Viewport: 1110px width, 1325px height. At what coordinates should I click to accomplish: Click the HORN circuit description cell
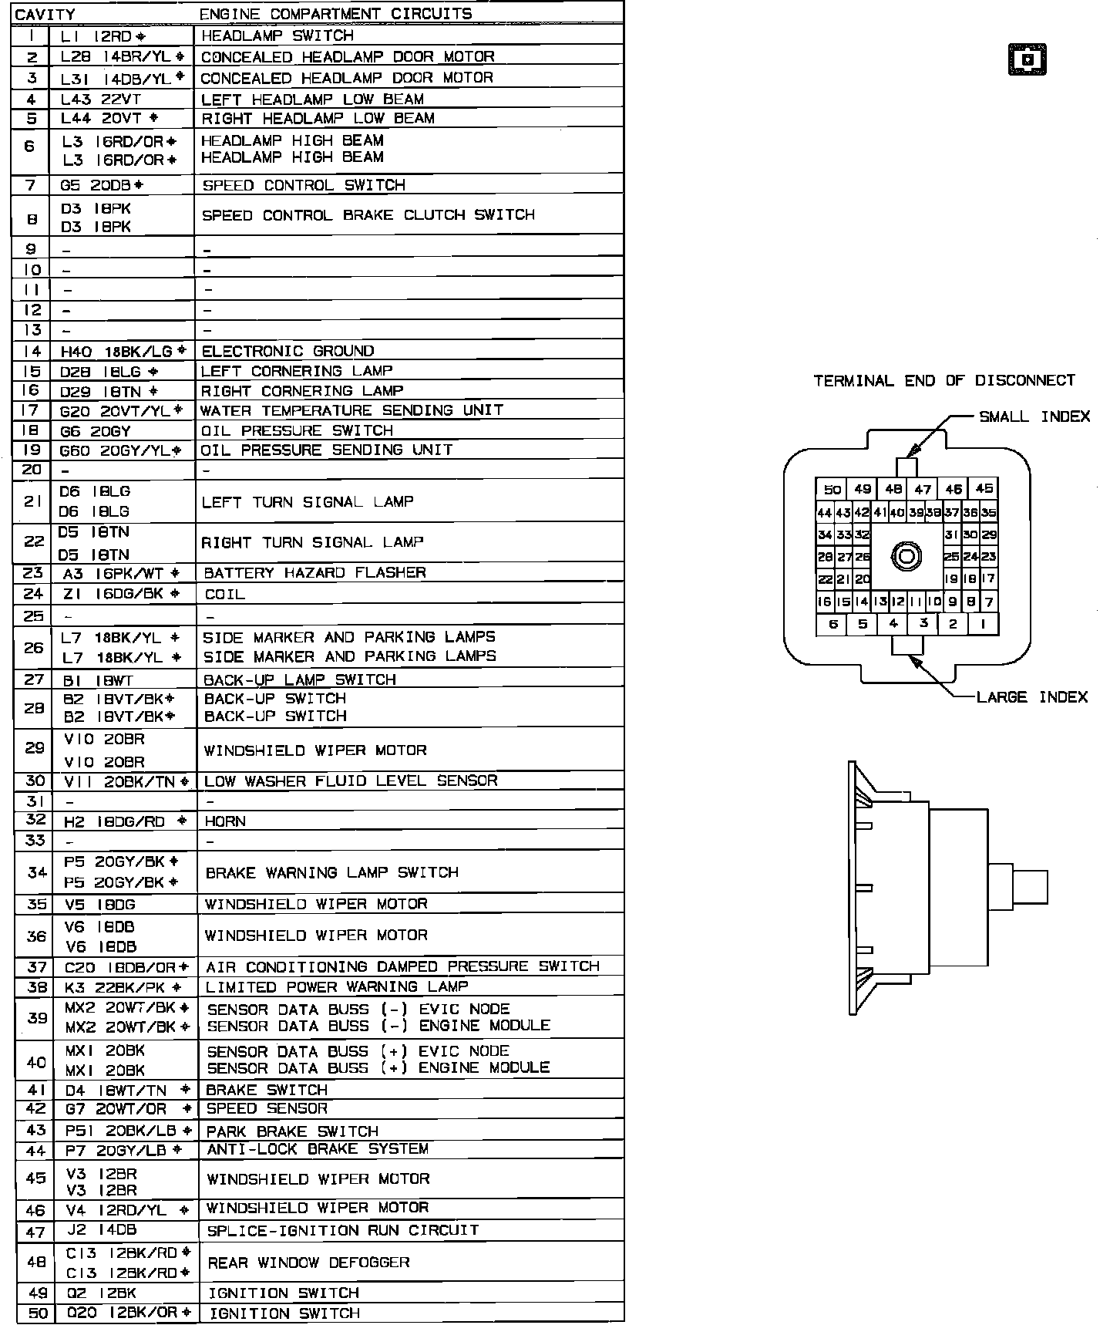coord(225,821)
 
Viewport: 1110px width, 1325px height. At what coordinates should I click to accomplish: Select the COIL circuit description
coord(225,595)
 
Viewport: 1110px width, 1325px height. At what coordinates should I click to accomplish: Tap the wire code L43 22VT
coord(101,99)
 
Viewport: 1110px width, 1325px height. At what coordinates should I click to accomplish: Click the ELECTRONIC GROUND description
coord(288,351)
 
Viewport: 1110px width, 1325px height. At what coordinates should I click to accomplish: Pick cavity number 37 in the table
coord(36,967)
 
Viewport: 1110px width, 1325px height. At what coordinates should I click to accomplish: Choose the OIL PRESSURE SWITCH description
coord(297,430)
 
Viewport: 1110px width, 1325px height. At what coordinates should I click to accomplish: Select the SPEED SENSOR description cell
coord(266,1108)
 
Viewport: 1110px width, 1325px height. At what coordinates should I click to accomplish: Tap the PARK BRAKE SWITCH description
coord(292,1131)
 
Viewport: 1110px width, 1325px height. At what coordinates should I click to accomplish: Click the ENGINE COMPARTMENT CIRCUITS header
coord(335,14)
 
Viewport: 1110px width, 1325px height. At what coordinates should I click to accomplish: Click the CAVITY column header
coord(45,15)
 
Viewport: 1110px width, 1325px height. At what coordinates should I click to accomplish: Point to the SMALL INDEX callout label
coord(1034,417)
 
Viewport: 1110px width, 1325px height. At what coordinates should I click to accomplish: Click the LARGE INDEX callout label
coord(1031,697)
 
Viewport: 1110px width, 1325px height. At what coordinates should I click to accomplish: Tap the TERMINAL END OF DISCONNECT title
coord(943,381)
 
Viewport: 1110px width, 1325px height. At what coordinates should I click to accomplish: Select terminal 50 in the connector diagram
coord(832,490)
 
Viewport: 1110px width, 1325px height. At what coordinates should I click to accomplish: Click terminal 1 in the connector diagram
coord(983,625)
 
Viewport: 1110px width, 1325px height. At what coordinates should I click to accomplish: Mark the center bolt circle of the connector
coord(906,556)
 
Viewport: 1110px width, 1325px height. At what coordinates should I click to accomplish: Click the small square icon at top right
coord(1027,60)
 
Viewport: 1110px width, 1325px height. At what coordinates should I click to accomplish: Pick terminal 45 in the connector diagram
coord(984,489)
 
